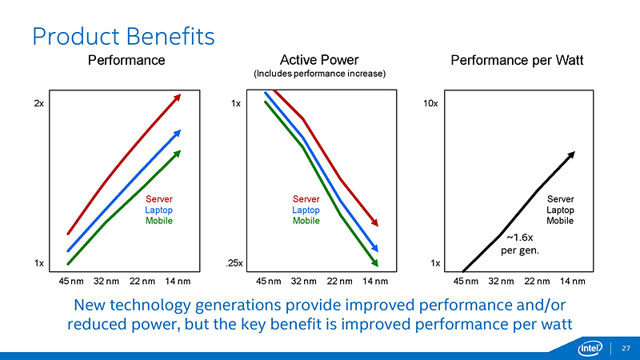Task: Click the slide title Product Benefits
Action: (x=122, y=36)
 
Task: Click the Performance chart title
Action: (x=126, y=60)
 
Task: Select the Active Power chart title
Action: (x=319, y=60)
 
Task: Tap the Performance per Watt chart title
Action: (x=518, y=60)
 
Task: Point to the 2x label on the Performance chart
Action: (x=38, y=104)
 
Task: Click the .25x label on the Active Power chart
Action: (x=234, y=263)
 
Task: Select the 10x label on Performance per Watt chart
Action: (x=430, y=104)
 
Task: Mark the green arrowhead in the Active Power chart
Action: (x=374, y=261)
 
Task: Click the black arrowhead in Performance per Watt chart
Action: (x=571, y=154)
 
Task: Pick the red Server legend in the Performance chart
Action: (x=158, y=199)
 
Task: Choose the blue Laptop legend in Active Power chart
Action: (x=306, y=210)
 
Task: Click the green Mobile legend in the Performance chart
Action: (x=158, y=221)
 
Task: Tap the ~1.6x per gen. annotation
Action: (x=520, y=243)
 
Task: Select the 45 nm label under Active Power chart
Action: (x=270, y=281)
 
